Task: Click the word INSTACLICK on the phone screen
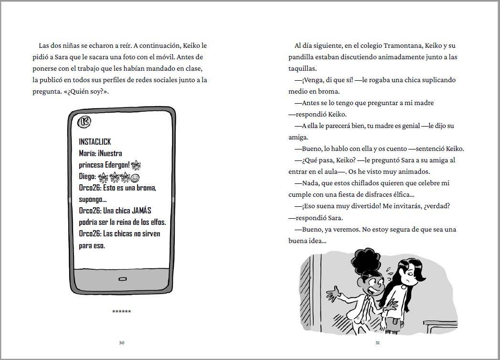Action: click(95, 142)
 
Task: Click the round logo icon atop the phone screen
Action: click(84, 122)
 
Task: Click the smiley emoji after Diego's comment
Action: click(135, 177)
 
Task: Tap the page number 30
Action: click(121, 342)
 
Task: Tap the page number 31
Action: click(377, 342)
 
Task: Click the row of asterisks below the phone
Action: click(121, 312)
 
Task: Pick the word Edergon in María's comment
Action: click(117, 165)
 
